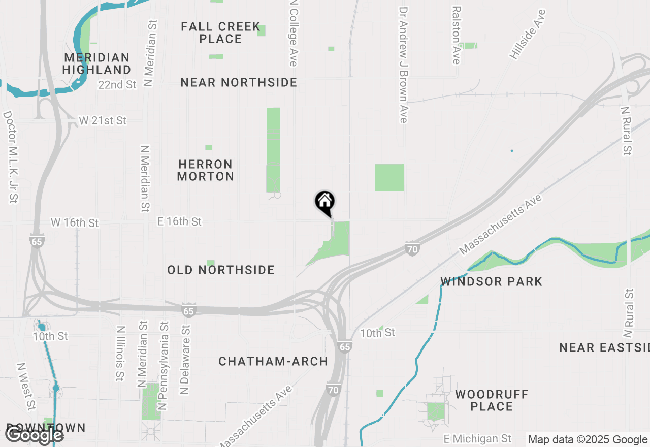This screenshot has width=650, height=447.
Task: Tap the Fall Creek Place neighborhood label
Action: pyautogui.click(x=220, y=33)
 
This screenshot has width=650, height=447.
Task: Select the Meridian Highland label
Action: pyautogui.click(x=97, y=63)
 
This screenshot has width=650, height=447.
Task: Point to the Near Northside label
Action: pyautogui.click(x=239, y=82)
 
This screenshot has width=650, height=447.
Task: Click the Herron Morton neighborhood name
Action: pyautogui.click(x=206, y=170)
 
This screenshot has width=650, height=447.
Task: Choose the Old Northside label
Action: pyautogui.click(x=221, y=270)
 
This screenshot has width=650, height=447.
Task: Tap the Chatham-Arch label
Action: pyautogui.click(x=273, y=361)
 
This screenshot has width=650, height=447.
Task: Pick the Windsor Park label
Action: pyautogui.click(x=492, y=281)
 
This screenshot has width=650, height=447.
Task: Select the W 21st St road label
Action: pyautogui.click(x=103, y=121)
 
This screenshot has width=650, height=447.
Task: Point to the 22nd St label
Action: pyautogui.click(x=117, y=84)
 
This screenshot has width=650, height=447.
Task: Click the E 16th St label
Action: pyautogui.click(x=179, y=221)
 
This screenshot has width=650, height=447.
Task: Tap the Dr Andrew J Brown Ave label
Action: pyautogui.click(x=404, y=65)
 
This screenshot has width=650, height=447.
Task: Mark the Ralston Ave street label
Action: pyautogui.click(x=457, y=36)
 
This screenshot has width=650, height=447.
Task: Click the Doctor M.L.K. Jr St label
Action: pyautogui.click(x=11, y=157)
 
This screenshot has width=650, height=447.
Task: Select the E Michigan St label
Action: pyautogui.click(x=477, y=438)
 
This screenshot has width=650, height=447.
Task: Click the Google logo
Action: pyautogui.click(x=35, y=435)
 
